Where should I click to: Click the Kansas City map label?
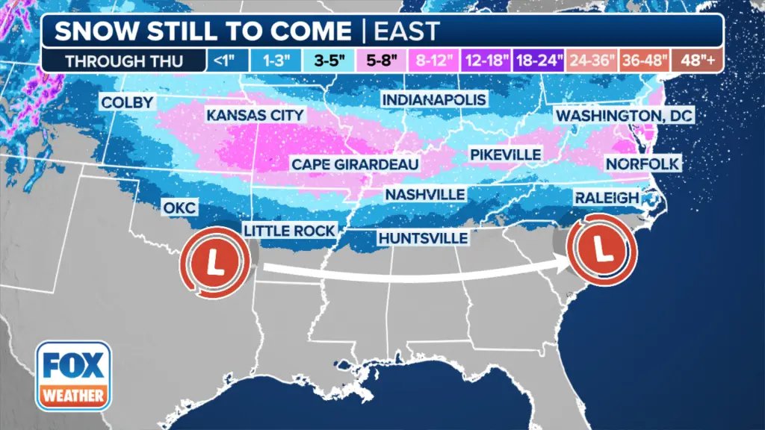(x=255, y=115)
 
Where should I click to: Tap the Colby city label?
(x=127, y=102)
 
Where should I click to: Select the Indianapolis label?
(x=433, y=99)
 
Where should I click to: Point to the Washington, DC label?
(x=625, y=116)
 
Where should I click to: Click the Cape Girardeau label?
(x=355, y=163)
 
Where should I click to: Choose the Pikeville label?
(x=505, y=154)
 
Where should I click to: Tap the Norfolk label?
(x=642, y=163)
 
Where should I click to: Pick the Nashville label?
(x=425, y=194)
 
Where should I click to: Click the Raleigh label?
(x=607, y=197)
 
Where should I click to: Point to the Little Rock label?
(x=289, y=230)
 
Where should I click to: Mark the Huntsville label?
(x=423, y=238)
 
